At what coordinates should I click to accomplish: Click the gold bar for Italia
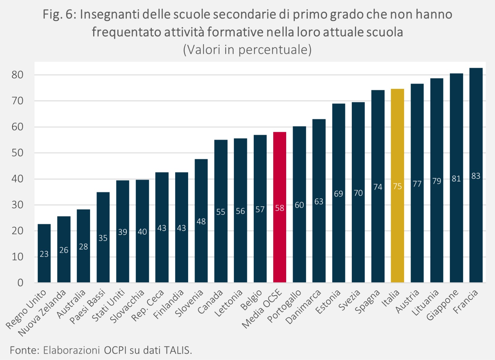tap(397, 186)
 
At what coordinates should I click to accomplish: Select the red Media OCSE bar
tap(280, 207)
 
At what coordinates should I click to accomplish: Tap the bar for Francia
tap(476, 175)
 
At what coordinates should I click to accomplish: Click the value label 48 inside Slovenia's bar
tap(201, 221)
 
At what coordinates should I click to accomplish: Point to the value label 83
tap(476, 176)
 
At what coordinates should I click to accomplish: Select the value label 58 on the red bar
tap(280, 208)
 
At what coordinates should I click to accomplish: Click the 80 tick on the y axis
tap(18, 75)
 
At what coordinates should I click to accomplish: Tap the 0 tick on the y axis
tap(20, 283)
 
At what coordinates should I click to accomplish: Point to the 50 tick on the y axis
tap(18, 153)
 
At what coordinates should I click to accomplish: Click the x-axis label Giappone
tap(442, 305)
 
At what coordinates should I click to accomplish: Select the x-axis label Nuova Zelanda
tap(42, 313)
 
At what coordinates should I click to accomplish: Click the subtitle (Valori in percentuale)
tap(247, 50)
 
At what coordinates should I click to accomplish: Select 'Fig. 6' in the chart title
tap(59, 15)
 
